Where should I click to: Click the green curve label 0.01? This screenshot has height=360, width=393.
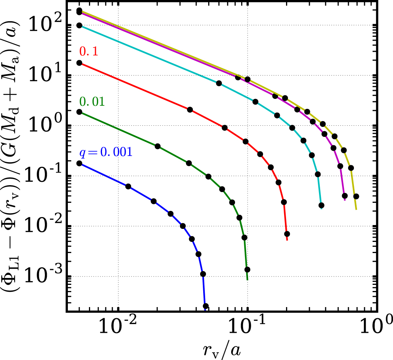[92, 102]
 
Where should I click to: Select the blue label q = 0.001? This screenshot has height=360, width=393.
[105, 152]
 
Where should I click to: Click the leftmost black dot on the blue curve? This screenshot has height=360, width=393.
[79, 163]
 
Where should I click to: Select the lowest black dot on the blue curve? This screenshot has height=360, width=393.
[206, 306]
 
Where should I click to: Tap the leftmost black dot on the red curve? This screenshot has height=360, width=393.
[79, 63]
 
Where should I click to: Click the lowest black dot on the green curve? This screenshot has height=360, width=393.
[247, 270]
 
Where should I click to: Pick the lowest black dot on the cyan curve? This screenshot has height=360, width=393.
[321, 205]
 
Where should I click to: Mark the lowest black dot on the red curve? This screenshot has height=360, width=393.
[287, 234]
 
